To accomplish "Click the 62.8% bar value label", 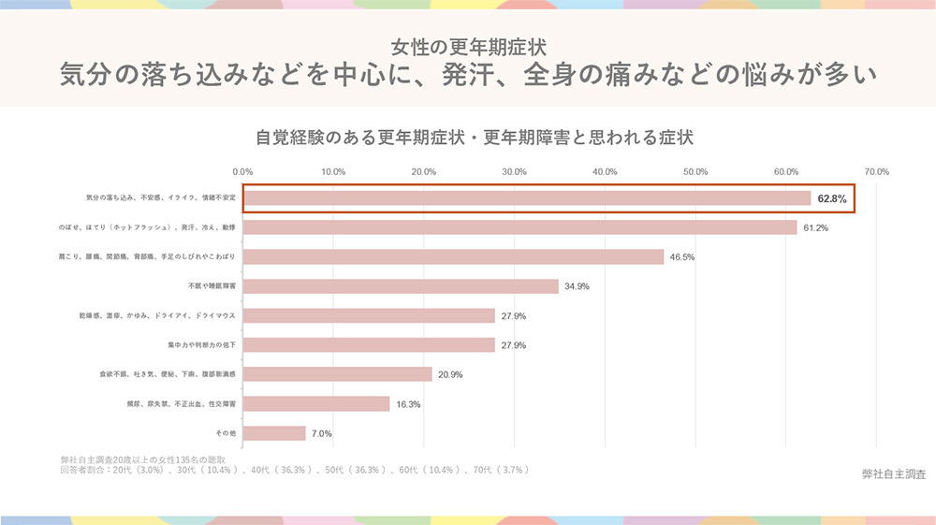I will point(831,199).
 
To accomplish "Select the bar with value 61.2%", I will point(519,227).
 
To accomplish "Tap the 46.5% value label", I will point(681,257).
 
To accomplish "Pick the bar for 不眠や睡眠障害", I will point(401,286).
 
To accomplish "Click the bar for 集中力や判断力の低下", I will point(369,345).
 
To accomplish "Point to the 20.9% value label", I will point(450,374).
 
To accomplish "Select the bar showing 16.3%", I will point(316,403).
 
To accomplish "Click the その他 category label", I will point(226,433).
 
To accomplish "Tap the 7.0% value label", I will point(321,433).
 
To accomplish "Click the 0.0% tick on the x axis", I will point(242,172).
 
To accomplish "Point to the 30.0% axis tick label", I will point(514,172).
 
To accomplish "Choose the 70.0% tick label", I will point(876,172).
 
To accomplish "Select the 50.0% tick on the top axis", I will point(695,172).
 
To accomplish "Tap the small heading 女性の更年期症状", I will point(468,46).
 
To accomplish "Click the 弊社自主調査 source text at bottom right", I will point(893,474).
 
